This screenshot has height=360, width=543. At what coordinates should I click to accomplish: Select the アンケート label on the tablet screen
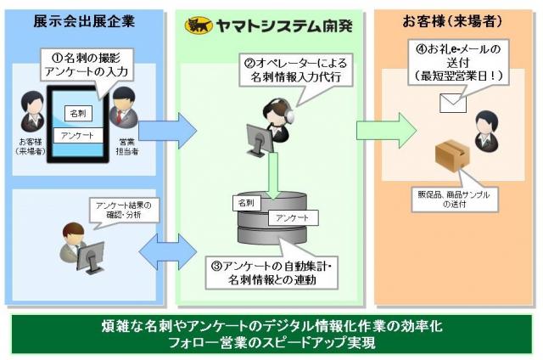pyautogui.click(x=79, y=135)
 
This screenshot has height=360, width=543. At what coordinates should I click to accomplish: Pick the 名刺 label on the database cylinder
pyautogui.click(x=246, y=204)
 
